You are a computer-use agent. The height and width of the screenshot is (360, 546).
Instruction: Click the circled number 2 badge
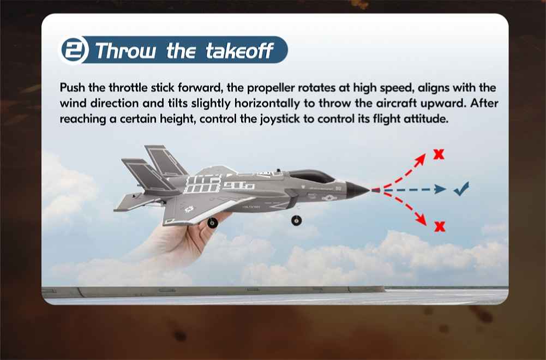(x=74, y=50)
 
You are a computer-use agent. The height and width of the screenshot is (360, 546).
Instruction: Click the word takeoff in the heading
(x=239, y=51)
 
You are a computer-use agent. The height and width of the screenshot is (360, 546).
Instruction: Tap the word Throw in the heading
(x=126, y=51)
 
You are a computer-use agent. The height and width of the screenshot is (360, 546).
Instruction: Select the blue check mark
(x=461, y=189)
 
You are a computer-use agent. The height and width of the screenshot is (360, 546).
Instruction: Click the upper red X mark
(x=439, y=154)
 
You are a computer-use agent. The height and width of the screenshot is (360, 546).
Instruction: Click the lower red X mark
(x=440, y=227)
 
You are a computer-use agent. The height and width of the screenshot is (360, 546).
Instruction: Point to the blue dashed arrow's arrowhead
(x=440, y=189)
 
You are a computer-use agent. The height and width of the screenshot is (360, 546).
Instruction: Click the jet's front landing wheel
(x=296, y=220)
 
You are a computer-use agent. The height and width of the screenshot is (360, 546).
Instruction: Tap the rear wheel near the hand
(x=212, y=223)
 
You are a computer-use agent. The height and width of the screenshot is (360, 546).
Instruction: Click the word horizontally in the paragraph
(x=267, y=104)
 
